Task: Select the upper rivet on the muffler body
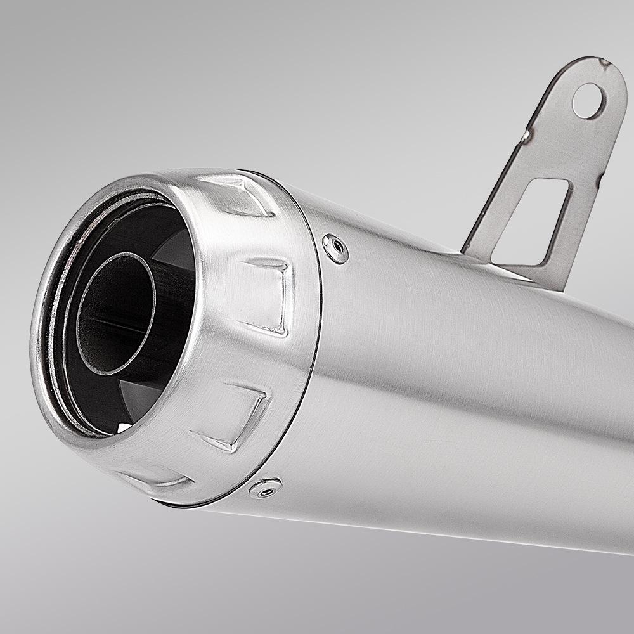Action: pyautogui.click(x=335, y=247)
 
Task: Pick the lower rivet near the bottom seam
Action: pyautogui.click(x=264, y=488)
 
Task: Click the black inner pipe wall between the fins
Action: pyautogui.click(x=174, y=330)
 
